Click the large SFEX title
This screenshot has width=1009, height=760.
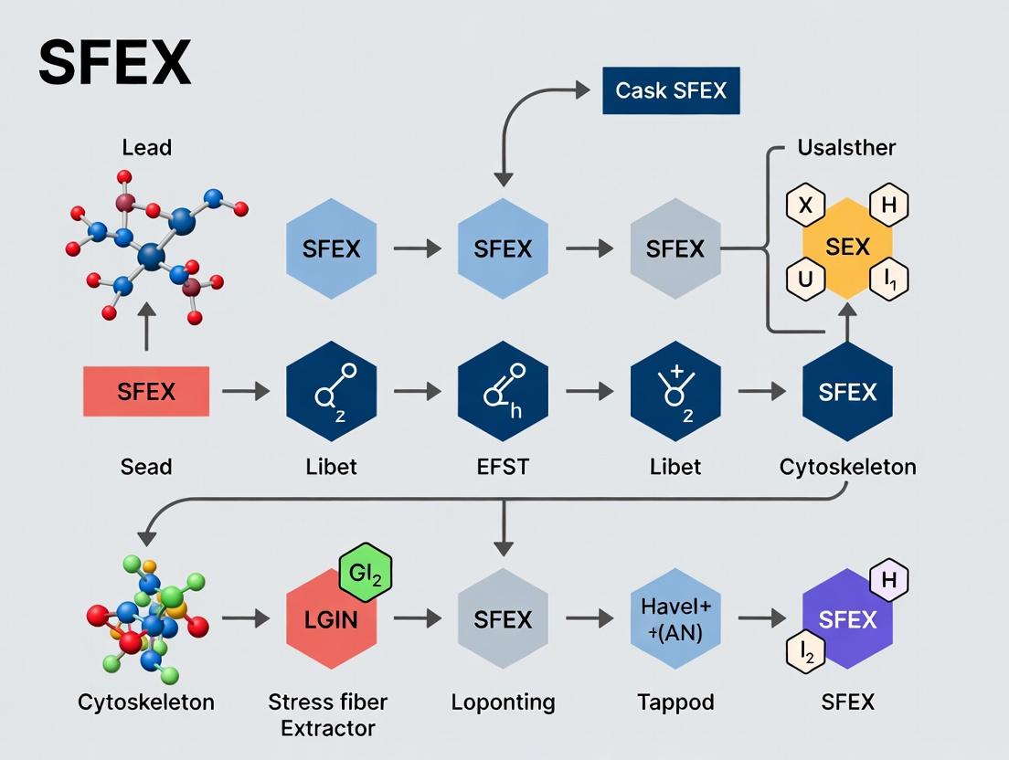[x=115, y=62]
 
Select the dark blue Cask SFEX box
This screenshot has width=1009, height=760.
[x=671, y=90]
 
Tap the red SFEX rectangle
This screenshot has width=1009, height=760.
[x=146, y=392]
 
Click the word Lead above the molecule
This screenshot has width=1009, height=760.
[x=146, y=147]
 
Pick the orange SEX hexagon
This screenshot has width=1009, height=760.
[x=847, y=248]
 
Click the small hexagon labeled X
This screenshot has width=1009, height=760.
[x=805, y=206]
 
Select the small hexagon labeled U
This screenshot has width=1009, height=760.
[x=805, y=281]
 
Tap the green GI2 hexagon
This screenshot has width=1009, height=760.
[x=365, y=574]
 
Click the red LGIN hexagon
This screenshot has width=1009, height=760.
[x=331, y=620]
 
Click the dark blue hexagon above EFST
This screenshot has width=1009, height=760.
[x=503, y=392]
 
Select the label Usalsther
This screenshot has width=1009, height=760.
[x=846, y=147]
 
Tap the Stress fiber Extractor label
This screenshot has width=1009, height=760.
[x=327, y=714]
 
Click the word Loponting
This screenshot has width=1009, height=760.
[x=503, y=702]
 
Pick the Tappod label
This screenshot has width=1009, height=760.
[x=675, y=702]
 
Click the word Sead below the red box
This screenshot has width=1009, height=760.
[x=146, y=467]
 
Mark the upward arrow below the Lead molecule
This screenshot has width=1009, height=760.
[x=146, y=328]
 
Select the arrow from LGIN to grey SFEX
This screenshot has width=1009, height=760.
[x=417, y=619]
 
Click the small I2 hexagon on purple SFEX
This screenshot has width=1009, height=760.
[x=805, y=652]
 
